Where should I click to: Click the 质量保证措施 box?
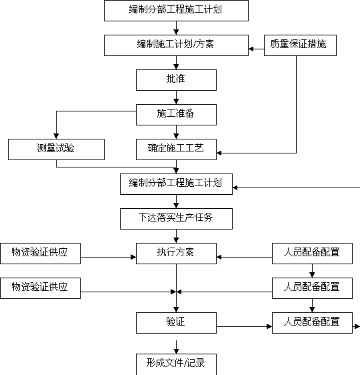(x=300, y=45)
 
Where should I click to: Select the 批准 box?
(x=176, y=80)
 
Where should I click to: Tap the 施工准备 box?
(x=176, y=115)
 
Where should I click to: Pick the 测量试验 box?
(x=57, y=149)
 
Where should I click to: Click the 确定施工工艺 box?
(x=176, y=149)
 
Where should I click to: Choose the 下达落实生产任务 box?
(x=176, y=219)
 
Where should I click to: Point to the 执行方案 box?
(x=176, y=254)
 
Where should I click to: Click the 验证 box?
(x=176, y=323)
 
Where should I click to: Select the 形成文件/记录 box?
(x=176, y=364)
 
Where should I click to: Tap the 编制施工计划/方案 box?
(x=176, y=45)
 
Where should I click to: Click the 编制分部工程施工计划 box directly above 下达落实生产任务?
(x=176, y=184)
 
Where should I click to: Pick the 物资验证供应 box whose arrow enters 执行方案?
(x=41, y=254)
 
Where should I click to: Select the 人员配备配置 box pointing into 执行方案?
(x=312, y=254)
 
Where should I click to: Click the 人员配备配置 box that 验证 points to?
(x=312, y=323)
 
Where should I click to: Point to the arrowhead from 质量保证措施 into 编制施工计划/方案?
(x=251, y=49)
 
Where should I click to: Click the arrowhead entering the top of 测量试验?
(x=57, y=136)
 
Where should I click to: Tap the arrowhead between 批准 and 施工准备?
(x=176, y=101)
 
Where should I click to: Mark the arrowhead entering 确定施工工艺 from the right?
(x=219, y=153)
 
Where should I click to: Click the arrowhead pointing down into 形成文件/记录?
(x=176, y=351)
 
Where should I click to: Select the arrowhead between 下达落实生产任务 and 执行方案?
(x=176, y=240)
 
